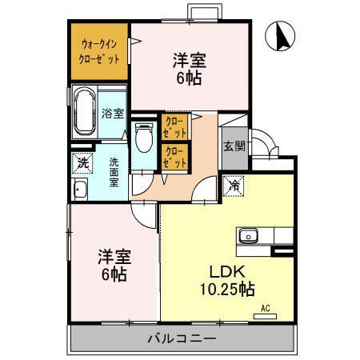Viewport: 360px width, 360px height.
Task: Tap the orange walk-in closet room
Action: (99, 53)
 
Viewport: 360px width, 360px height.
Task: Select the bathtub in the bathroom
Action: (84, 114)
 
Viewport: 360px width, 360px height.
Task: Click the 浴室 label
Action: (113, 114)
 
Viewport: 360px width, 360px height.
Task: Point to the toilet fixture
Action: (144, 139)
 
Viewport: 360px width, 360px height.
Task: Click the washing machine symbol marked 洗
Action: (82, 162)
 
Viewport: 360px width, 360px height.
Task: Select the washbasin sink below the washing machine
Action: (80, 190)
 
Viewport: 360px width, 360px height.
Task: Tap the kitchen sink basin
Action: (249, 235)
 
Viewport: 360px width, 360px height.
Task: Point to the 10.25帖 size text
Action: (226, 287)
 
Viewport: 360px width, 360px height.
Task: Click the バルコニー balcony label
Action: (182, 338)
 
